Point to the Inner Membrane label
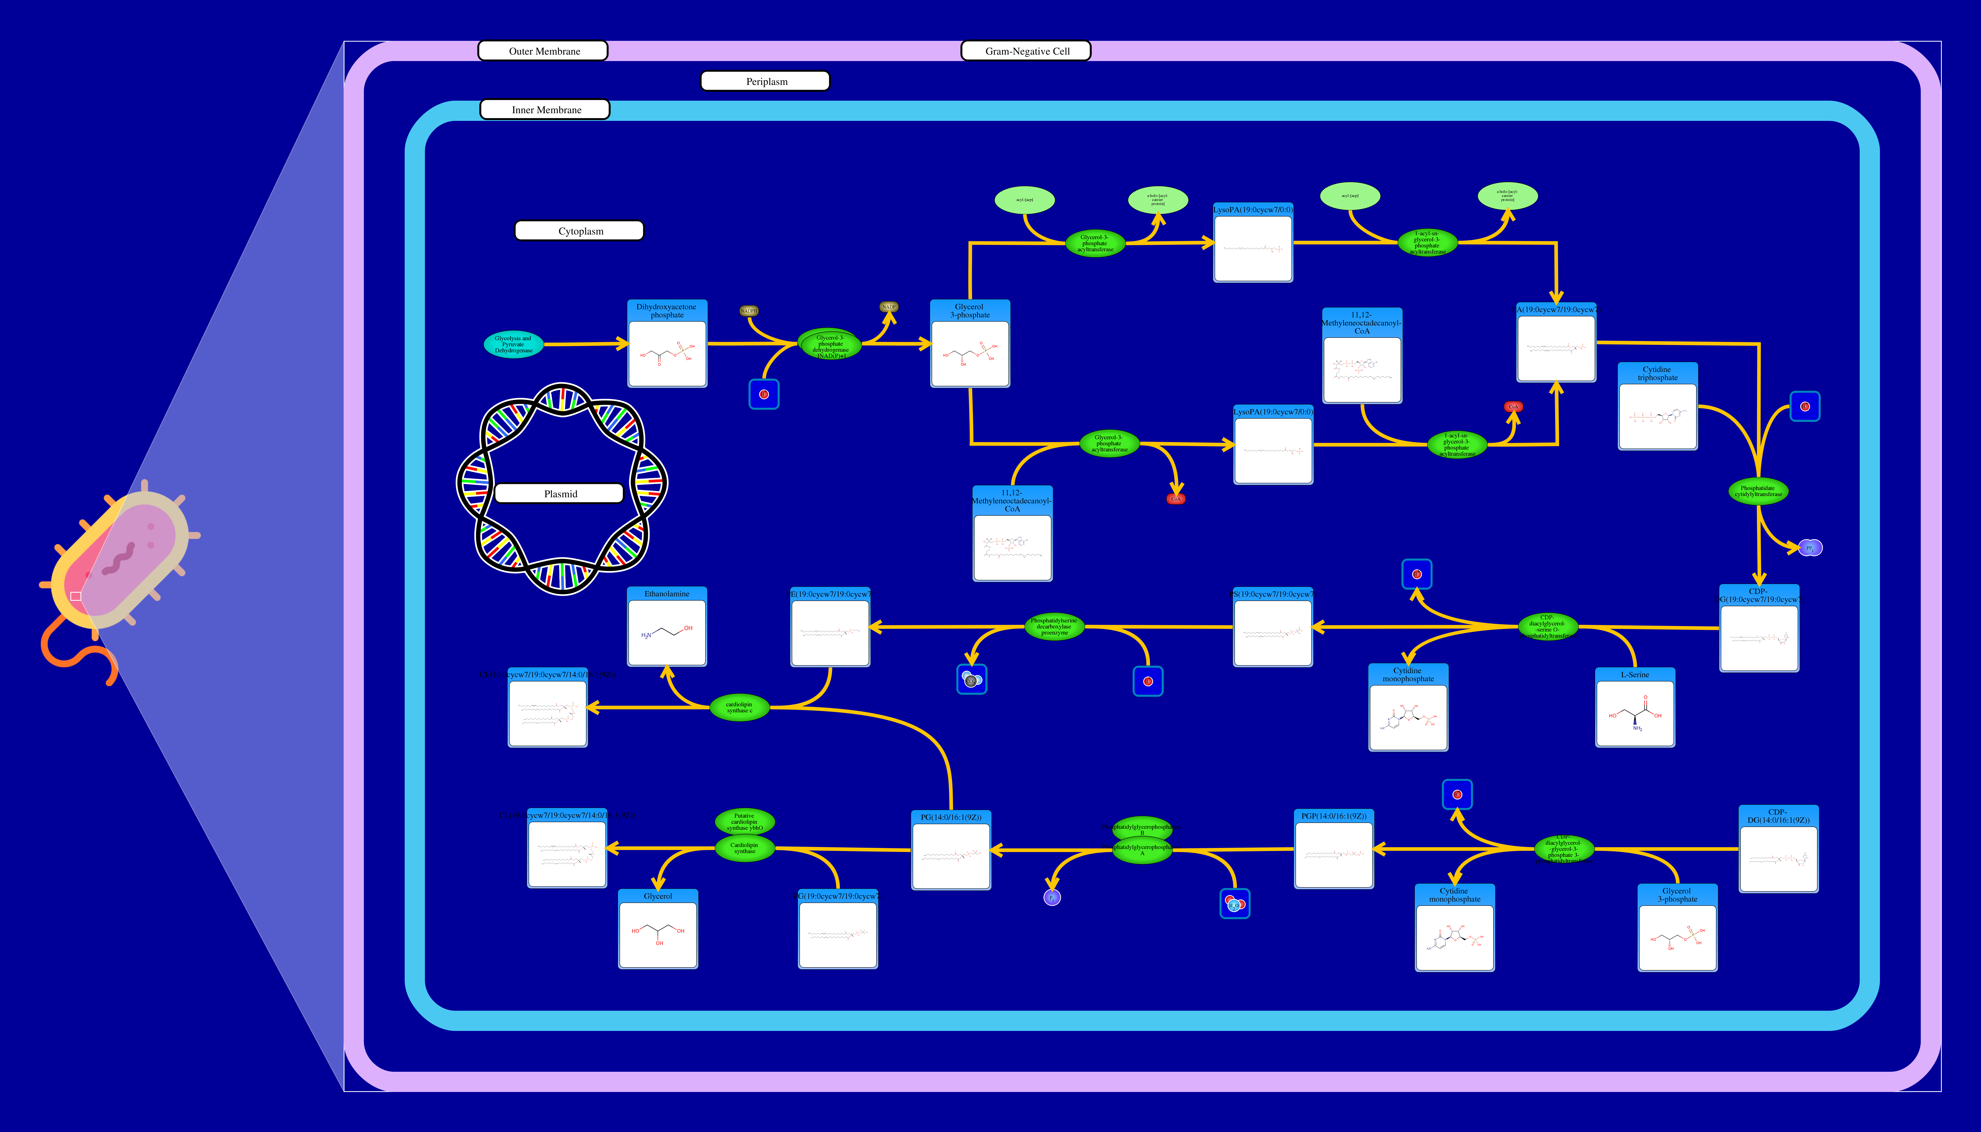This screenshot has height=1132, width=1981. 545,110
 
